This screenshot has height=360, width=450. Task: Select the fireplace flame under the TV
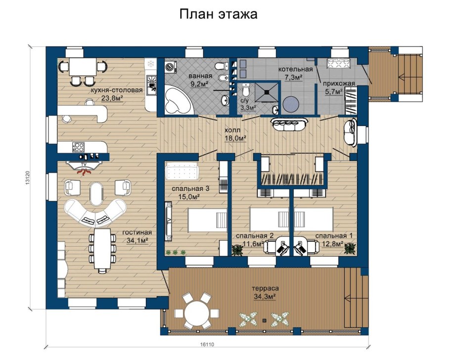click(x=85, y=172)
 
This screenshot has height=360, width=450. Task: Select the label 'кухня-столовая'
click(x=117, y=90)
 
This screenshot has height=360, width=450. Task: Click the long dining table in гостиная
click(x=102, y=250)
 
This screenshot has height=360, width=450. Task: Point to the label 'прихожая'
click(x=341, y=84)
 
